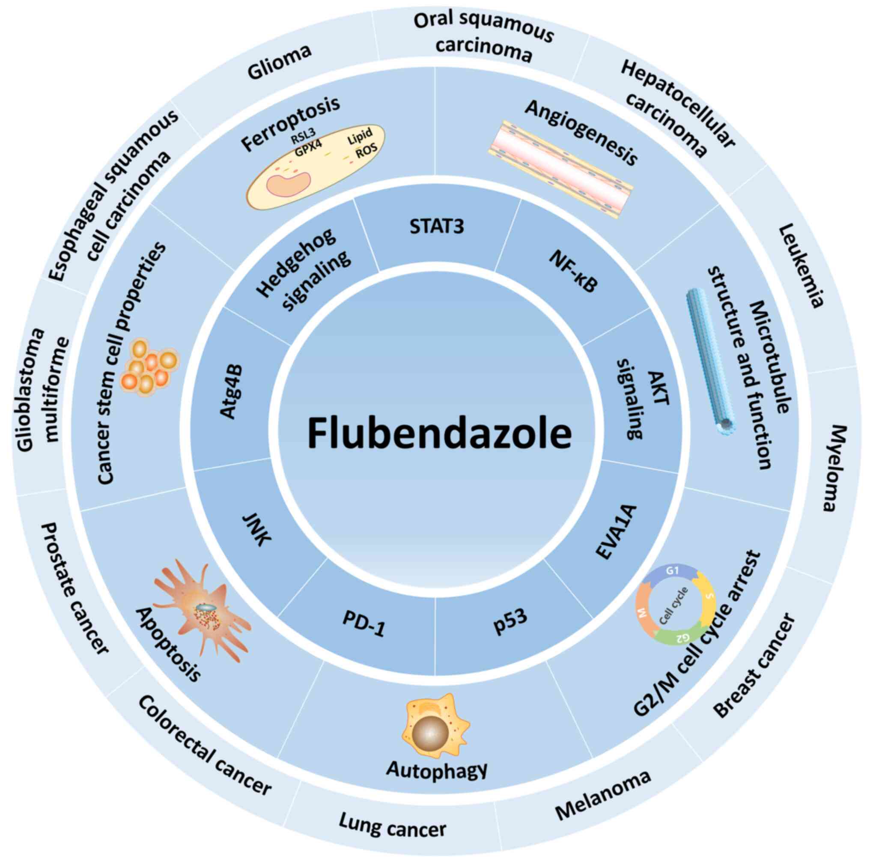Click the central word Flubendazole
click(439, 433)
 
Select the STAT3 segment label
click(436, 226)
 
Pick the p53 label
click(510, 620)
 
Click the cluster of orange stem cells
click(149, 367)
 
